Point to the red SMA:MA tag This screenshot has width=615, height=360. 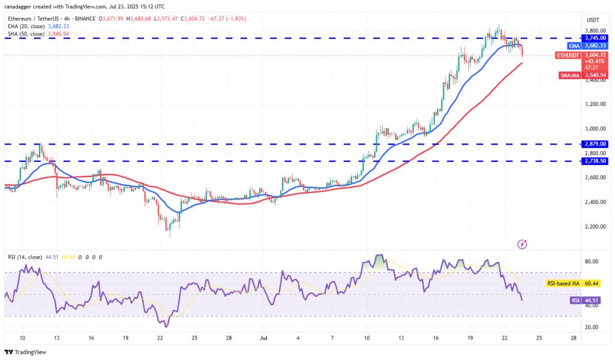tap(568, 75)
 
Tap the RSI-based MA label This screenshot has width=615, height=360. tap(563, 283)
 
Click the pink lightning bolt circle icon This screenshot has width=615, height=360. tap(522, 244)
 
